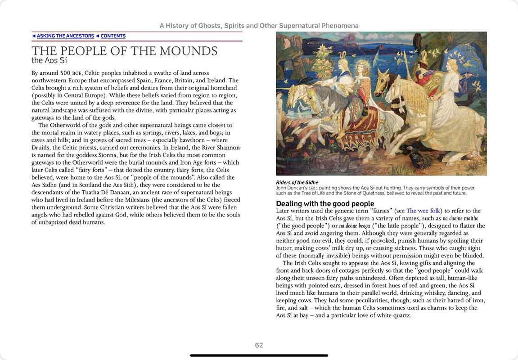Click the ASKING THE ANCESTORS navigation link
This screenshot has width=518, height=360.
tap(65, 36)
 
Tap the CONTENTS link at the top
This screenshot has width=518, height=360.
tap(113, 36)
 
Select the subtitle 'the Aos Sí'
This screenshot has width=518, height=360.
tap(49, 60)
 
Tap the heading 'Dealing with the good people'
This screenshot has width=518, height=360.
tap(325, 203)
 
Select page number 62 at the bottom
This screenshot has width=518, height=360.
tap(259, 345)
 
